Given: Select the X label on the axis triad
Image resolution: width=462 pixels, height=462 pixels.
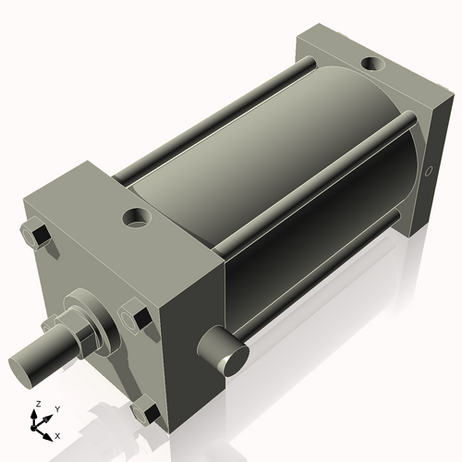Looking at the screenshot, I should click(x=57, y=434).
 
